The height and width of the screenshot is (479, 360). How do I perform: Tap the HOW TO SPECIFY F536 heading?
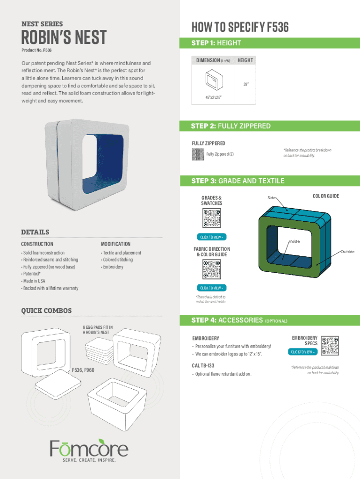tap(240, 28)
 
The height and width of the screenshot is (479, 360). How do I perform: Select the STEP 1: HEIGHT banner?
tap(216, 43)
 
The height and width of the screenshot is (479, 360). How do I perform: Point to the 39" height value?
tap(245, 85)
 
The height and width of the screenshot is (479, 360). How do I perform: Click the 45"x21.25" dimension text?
tap(212, 97)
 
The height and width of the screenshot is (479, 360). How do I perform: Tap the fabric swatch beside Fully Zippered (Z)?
tap(198, 155)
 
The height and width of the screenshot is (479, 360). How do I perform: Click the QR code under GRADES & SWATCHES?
tap(212, 218)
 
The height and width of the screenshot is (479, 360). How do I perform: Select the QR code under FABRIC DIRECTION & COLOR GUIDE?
tap(212, 269)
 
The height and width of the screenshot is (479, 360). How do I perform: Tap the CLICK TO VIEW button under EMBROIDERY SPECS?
tap(303, 352)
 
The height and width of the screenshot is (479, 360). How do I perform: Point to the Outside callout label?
tap(347, 252)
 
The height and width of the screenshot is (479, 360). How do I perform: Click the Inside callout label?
tap(294, 241)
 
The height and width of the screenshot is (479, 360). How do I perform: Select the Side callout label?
tap(272, 198)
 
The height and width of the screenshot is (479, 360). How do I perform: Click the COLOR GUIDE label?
tap(326, 196)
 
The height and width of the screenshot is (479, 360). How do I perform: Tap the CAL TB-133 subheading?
tap(203, 365)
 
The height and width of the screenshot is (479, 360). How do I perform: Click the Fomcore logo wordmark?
tap(89, 449)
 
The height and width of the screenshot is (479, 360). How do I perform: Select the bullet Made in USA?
tap(34, 281)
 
